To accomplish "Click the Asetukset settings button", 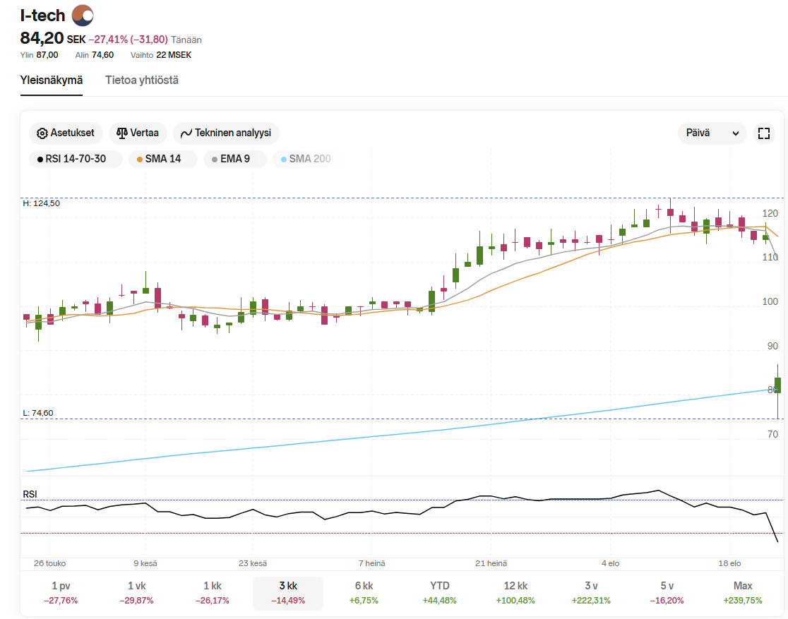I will click(66, 133).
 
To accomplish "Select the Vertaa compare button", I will click(138, 133).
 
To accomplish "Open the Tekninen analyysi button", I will click(226, 133).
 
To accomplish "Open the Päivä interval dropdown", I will click(712, 133).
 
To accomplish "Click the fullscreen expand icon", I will click(763, 133).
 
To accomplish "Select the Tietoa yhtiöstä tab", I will click(142, 80).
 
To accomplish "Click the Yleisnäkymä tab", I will click(52, 80).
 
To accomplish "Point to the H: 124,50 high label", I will click(42, 203).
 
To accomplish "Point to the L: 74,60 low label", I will click(38, 413).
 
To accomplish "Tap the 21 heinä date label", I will click(491, 563).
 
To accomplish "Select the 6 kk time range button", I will click(364, 592).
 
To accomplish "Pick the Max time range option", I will click(743, 592).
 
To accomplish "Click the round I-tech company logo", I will click(83, 15).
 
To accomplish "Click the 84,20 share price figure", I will click(42, 38).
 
